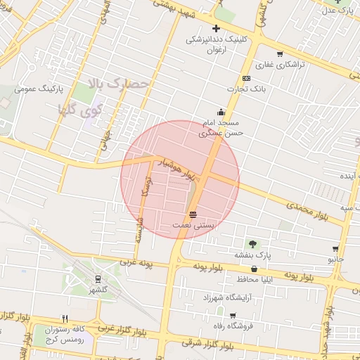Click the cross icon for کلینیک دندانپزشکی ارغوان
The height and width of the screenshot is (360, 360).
pos(216,28)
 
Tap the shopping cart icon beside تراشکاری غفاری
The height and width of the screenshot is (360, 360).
pos(281,54)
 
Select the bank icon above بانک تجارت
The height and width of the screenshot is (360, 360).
pos(245,78)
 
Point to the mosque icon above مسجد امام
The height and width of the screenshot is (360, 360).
pos(221,111)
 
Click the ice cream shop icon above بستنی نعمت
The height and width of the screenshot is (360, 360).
pos(193,214)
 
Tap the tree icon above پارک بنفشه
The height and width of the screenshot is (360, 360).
pos(252,243)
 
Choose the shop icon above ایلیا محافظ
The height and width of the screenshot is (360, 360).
pos(254,269)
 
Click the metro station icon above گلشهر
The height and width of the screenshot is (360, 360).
pos(98,278)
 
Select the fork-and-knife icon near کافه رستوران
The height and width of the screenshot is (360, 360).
pos(65,319)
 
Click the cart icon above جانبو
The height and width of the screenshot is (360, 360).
pos(335,248)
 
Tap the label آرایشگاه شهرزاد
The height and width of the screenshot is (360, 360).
pos(226,298)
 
